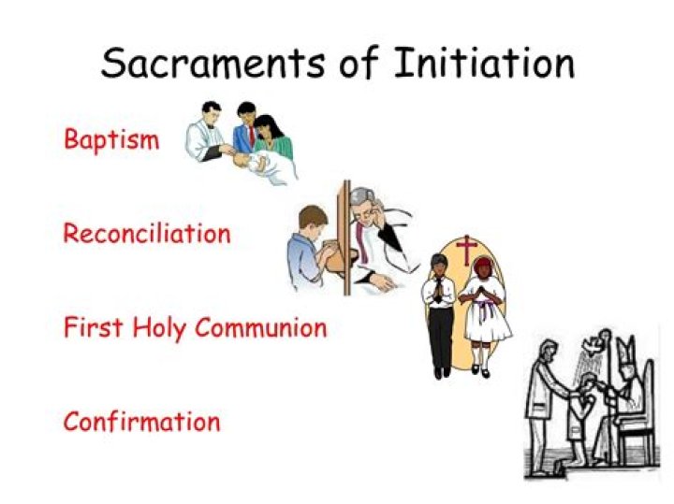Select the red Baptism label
click(110, 139)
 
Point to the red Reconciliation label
click(147, 233)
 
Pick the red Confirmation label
click(141, 421)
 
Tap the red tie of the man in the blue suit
click(251, 137)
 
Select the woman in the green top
click(272, 141)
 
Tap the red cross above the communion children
click(466, 250)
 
